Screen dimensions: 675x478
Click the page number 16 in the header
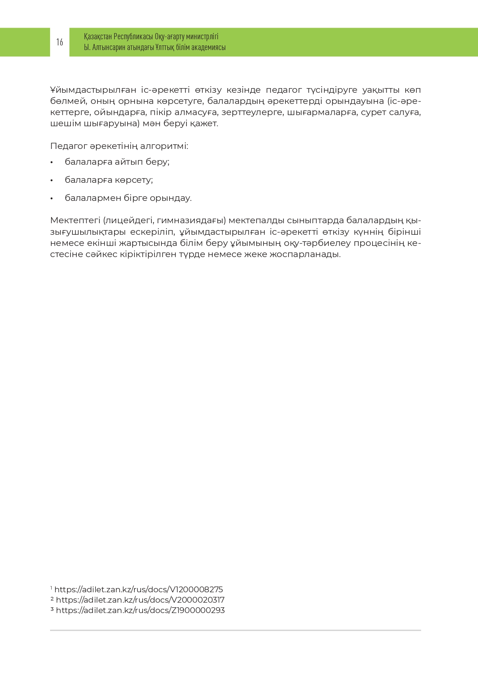60,42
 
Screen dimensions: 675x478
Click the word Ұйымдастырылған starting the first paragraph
93,90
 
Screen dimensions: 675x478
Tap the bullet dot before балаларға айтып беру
52,162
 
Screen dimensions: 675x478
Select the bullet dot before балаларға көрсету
52,180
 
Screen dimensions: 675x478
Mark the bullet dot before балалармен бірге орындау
52,199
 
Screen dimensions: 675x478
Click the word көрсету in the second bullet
134,180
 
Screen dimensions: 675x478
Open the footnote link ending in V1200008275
139,590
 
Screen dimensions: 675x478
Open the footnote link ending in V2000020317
140,600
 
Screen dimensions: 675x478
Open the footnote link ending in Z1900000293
140,610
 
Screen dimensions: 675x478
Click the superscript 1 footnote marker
51,588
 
